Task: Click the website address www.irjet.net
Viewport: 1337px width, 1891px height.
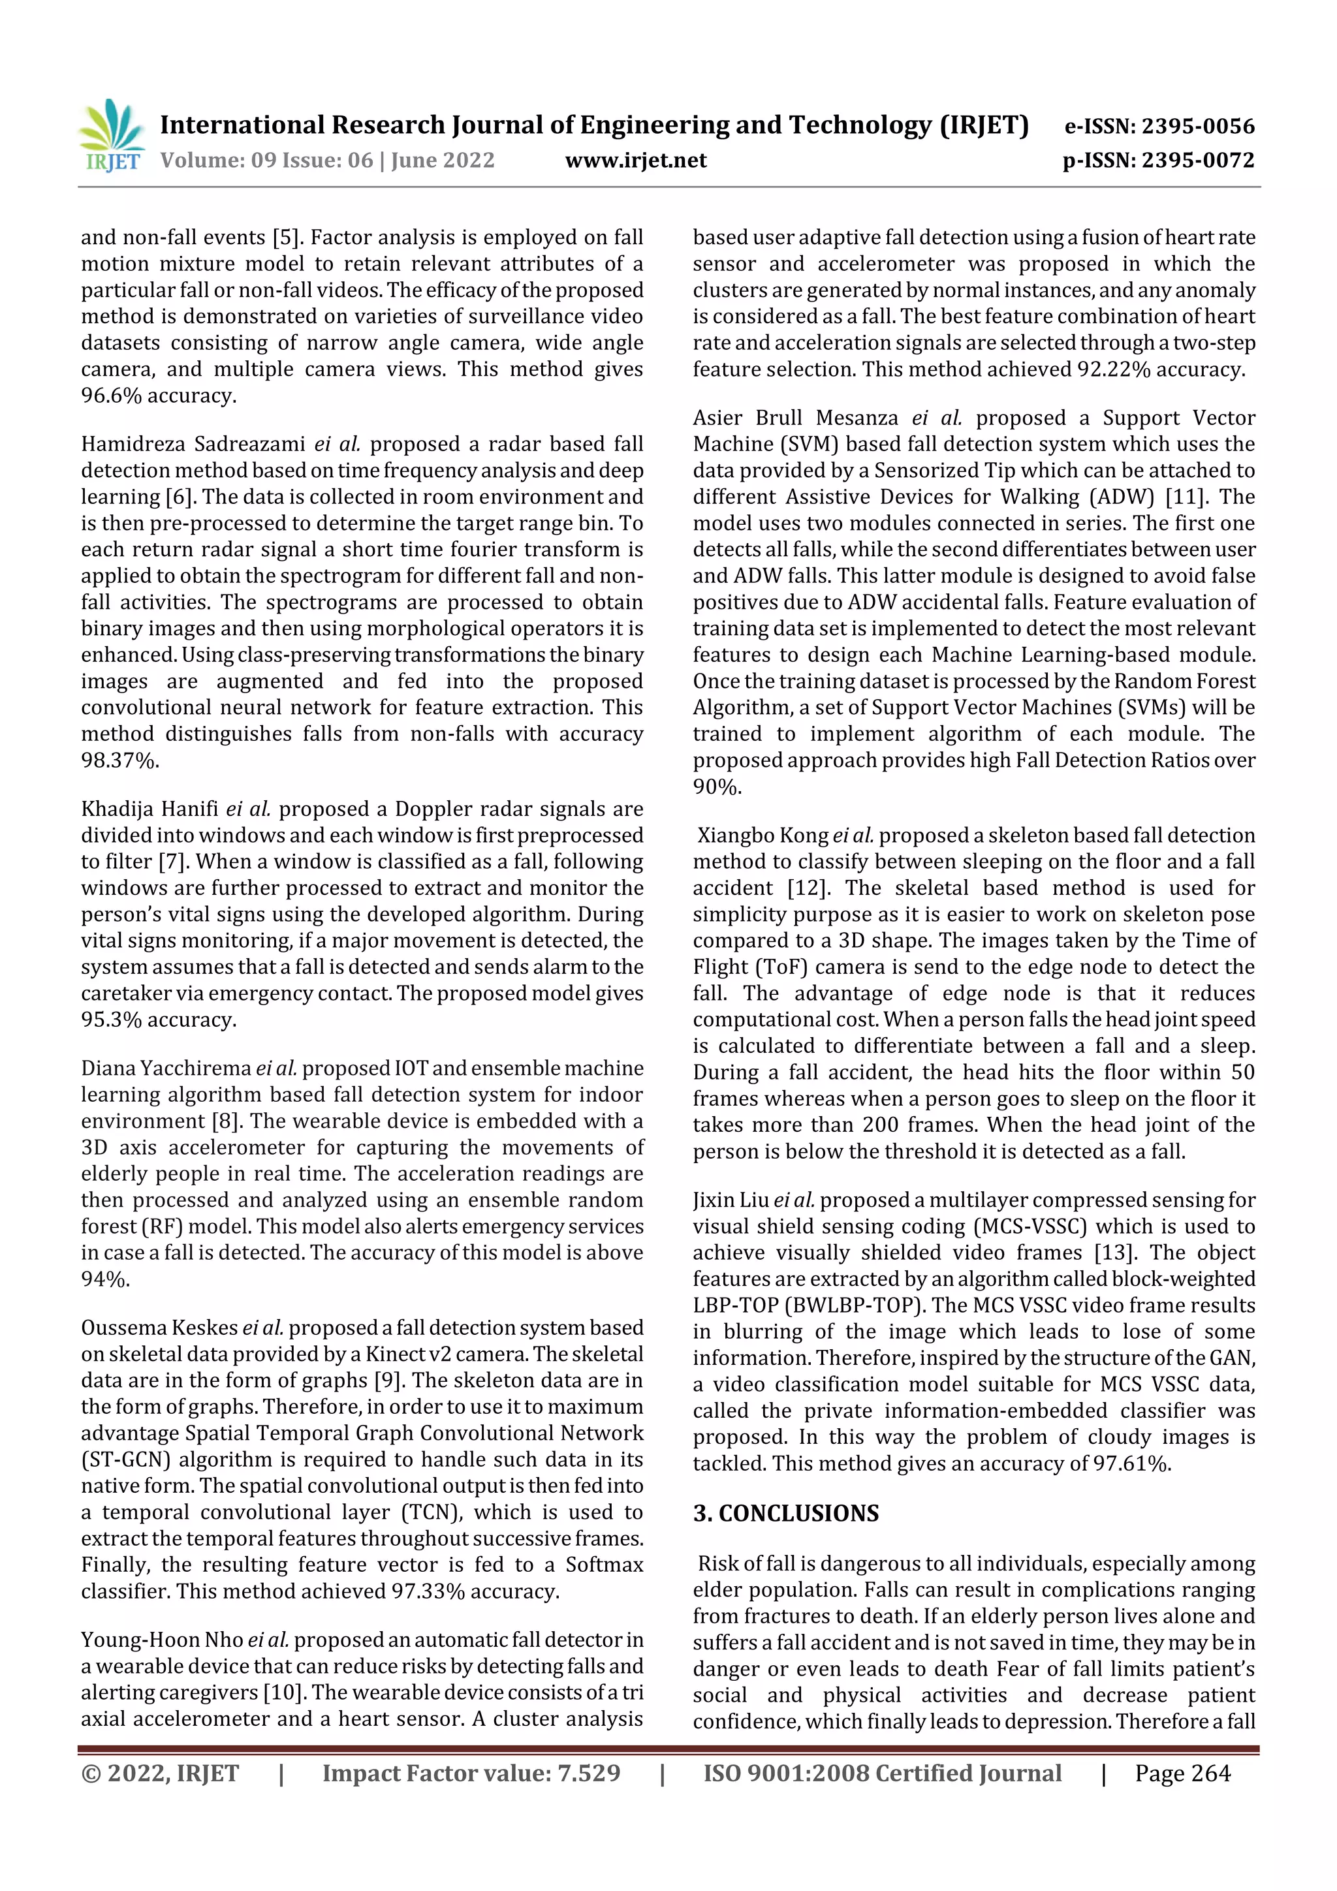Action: click(635, 160)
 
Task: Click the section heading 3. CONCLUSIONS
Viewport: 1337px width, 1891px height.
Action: click(785, 1513)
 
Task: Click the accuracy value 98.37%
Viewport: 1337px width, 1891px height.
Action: click(119, 760)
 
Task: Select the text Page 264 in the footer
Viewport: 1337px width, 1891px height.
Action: click(1182, 1774)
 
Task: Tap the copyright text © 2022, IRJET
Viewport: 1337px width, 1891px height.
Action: click(160, 1774)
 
